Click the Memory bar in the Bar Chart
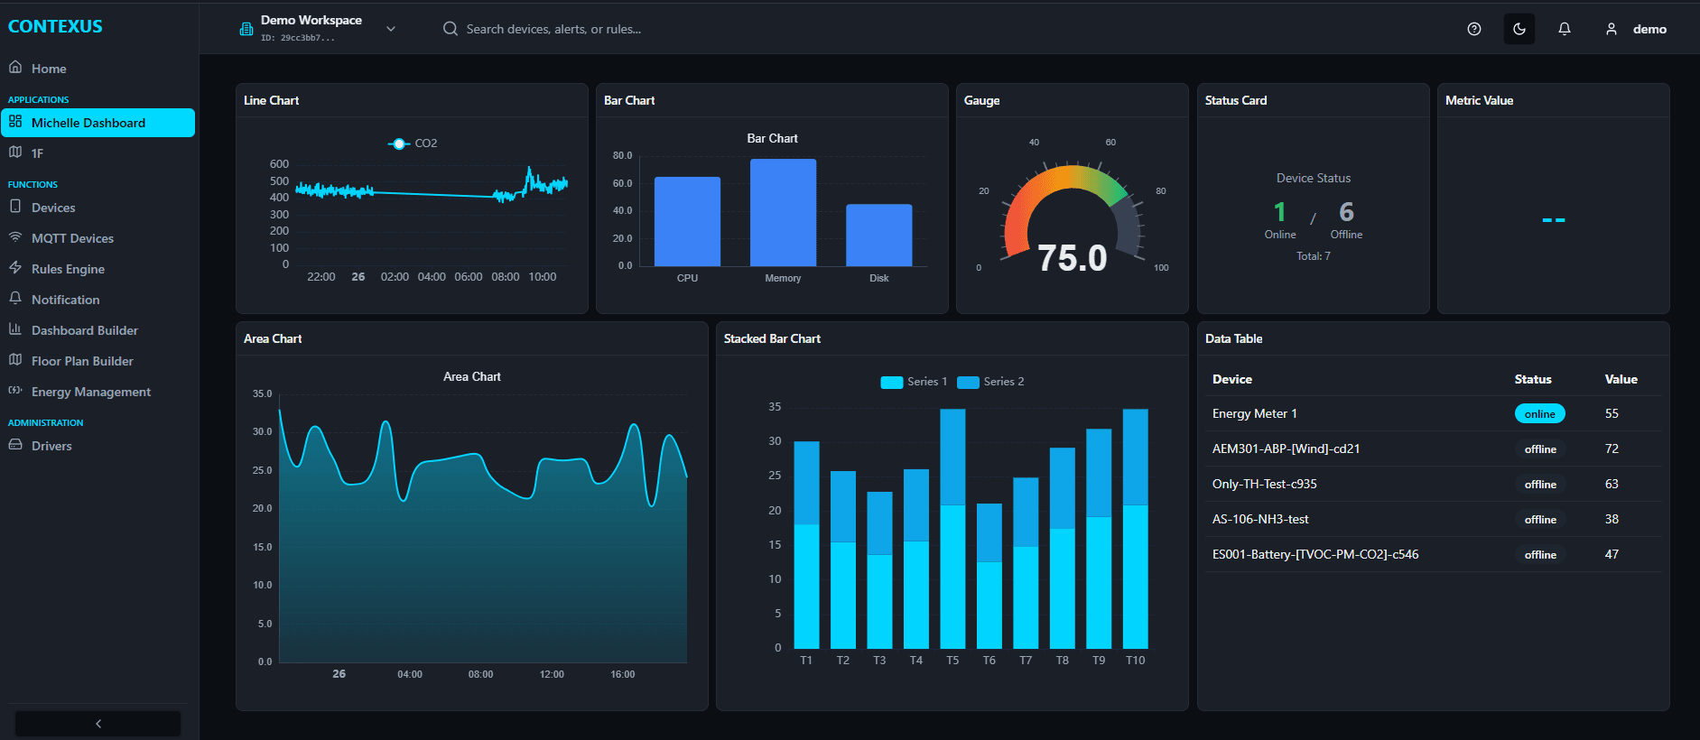point(783,213)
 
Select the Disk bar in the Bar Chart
point(878,235)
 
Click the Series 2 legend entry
point(991,382)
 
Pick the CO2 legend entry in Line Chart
point(413,143)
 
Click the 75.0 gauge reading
point(1072,258)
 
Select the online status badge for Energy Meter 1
point(1539,414)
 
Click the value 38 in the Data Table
point(1612,520)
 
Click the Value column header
point(1621,380)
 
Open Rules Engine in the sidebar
point(68,269)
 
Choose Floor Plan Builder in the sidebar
point(82,361)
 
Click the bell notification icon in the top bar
point(1565,29)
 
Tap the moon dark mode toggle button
point(1519,29)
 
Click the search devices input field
point(553,29)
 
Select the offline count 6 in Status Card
point(1346,212)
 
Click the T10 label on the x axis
point(1135,661)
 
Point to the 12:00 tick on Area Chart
point(552,675)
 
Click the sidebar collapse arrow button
point(98,724)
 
